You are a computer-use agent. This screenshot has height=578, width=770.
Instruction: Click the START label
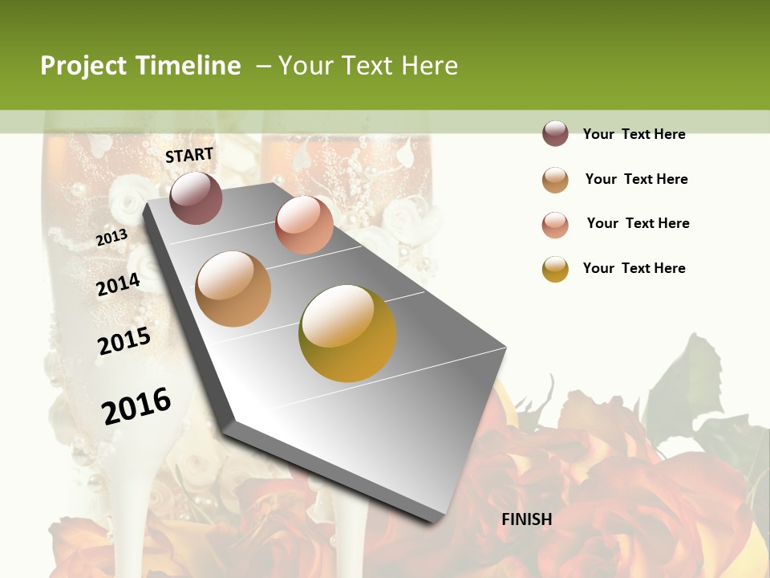[189, 155]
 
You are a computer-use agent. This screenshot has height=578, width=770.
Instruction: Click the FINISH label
[526, 519]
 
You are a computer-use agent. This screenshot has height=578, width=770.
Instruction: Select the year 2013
[111, 238]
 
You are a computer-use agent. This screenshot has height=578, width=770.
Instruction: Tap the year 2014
[118, 285]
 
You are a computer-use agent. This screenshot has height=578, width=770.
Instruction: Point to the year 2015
[124, 341]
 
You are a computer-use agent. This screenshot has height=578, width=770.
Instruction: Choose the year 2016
[136, 406]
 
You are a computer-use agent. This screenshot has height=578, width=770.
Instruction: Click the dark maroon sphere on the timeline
[197, 197]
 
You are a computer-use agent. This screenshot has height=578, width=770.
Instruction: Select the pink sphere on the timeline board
[304, 224]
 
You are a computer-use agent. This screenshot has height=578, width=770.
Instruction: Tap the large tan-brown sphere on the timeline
[233, 288]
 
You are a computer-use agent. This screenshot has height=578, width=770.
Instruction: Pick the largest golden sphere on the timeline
[347, 332]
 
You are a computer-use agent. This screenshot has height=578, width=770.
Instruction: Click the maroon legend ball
[555, 134]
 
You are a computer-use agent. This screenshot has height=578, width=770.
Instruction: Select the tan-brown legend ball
[555, 179]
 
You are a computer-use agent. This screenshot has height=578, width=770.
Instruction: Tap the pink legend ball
[555, 224]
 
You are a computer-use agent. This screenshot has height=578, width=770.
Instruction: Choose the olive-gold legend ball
[555, 269]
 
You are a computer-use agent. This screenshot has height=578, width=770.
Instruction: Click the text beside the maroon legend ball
[634, 134]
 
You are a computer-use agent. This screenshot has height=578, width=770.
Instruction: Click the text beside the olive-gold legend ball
[634, 268]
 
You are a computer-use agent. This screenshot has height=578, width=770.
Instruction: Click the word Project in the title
[83, 66]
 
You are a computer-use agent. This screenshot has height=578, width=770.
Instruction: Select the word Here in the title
[429, 66]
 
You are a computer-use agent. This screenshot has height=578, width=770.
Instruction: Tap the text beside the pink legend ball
[638, 223]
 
